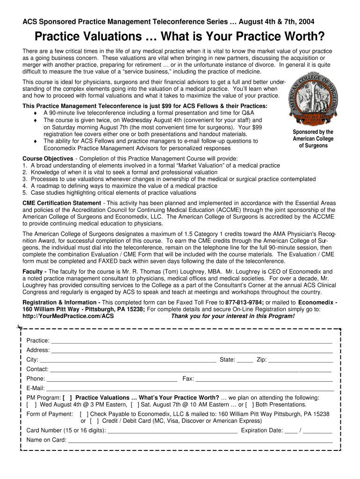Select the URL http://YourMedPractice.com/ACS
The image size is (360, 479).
point(68,316)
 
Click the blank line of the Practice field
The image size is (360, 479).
point(192,341)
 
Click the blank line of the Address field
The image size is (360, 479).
point(192,350)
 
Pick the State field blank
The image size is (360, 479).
point(245,360)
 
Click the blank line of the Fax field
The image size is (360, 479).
point(264,379)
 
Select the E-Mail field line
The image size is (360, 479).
point(189,388)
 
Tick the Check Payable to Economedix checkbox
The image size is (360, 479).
point(84,414)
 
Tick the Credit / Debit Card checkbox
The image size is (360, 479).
point(94,421)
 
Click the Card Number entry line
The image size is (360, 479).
point(173,431)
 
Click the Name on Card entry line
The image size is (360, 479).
point(200,440)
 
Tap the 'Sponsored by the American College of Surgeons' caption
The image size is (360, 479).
point(313,139)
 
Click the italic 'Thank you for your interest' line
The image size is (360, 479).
point(233,316)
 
